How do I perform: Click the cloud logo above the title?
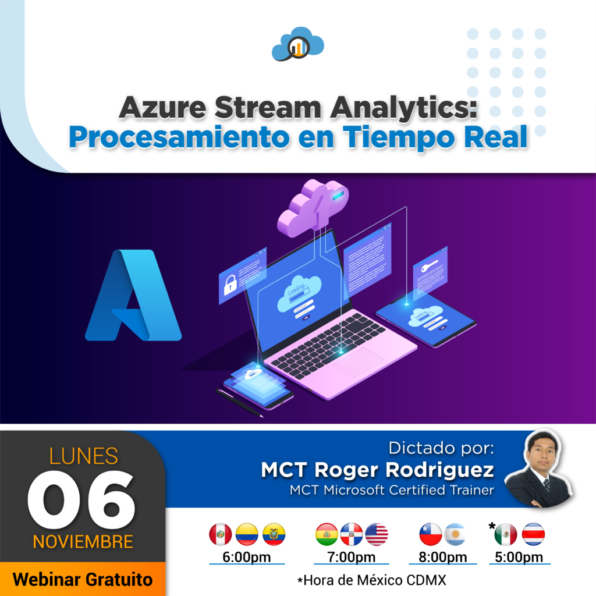[x=297, y=44]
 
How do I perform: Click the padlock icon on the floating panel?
[x=230, y=285]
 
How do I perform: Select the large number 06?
[x=81, y=500]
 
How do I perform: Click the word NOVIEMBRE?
[x=83, y=542]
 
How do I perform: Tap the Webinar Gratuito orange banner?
[x=83, y=579]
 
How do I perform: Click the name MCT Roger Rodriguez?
[x=377, y=470]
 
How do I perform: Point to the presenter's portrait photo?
[x=539, y=469]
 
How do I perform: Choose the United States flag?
[x=377, y=534]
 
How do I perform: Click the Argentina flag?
[x=455, y=534]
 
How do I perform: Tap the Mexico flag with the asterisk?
[x=505, y=534]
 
